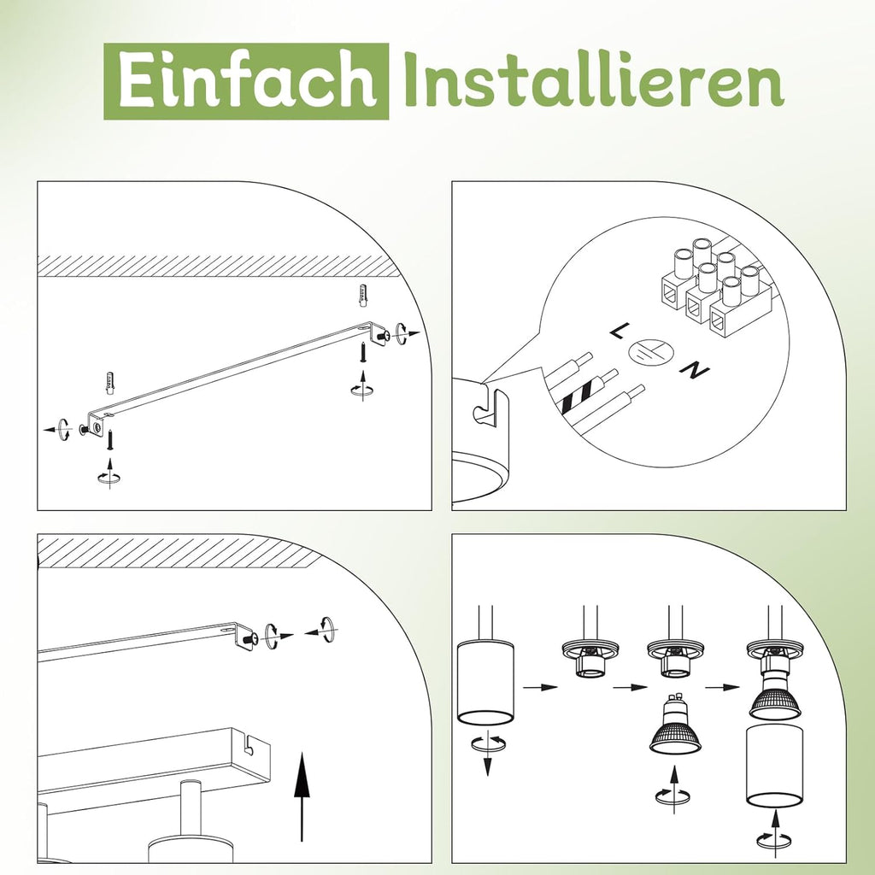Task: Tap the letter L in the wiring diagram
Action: tap(618, 331)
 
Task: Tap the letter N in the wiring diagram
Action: tap(695, 370)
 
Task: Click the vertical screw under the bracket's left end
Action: tap(110, 440)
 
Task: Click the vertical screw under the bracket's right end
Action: tap(362, 352)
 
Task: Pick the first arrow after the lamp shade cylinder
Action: tap(541, 687)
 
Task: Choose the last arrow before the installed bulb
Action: tap(723, 687)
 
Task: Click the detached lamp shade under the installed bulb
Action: tap(774, 766)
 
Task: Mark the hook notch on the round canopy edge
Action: tap(485, 408)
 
